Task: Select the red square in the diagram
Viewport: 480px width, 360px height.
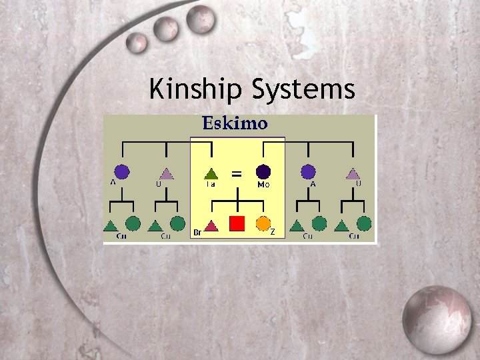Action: [237, 223]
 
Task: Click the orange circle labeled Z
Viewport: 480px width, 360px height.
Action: [263, 223]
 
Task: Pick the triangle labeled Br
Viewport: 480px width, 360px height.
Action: [211, 225]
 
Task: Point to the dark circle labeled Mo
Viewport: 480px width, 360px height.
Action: [263, 172]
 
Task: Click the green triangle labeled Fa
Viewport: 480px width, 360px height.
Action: [211, 173]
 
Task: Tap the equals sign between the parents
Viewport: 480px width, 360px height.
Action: [236, 173]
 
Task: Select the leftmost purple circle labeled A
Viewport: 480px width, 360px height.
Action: [121, 172]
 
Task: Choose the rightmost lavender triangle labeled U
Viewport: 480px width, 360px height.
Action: [353, 173]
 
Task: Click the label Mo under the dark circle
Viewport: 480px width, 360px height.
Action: [263, 185]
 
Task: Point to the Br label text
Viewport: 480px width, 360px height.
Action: [197, 233]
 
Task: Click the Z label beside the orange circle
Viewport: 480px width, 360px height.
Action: [273, 232]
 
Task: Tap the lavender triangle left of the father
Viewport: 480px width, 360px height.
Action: [166, 173]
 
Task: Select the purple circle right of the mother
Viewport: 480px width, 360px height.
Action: [307, 172]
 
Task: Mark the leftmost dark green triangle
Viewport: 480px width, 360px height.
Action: [111, 225]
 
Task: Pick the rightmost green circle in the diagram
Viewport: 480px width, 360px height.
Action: [363, 223]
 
